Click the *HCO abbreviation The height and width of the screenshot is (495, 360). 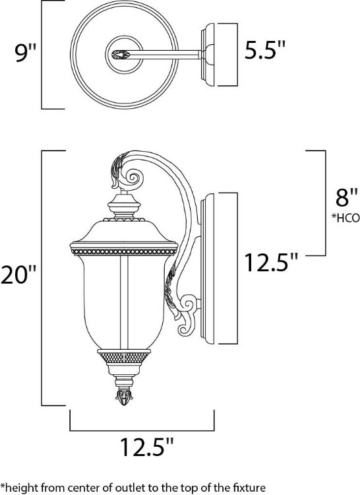[345, 218]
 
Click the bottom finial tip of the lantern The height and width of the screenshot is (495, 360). [123, 399]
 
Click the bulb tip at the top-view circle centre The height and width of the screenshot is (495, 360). [121, 52]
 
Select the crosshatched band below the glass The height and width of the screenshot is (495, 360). [123, 357]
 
